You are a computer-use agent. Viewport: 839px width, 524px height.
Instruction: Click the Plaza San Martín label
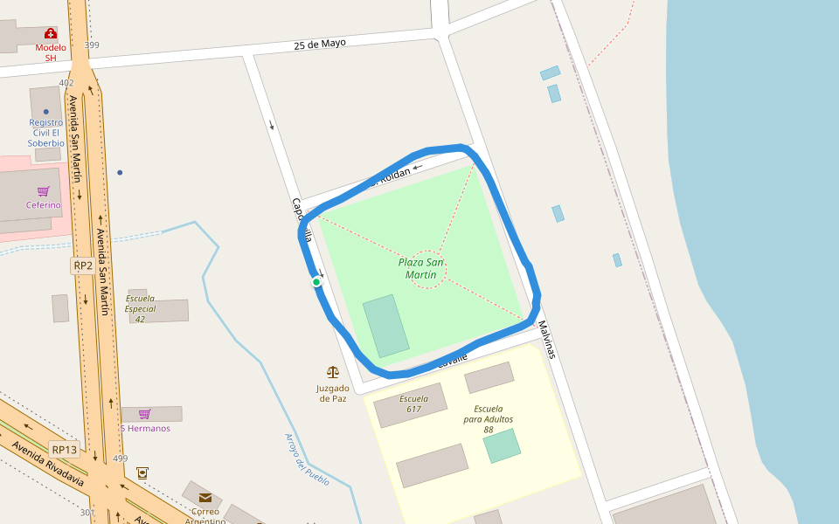[x=420, y=268]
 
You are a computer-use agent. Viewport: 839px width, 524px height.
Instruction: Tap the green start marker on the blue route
[x=316, y=281]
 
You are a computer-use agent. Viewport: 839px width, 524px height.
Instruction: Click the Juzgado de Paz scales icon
[x=332, y=372]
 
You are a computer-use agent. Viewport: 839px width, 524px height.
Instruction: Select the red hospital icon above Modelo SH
[x=51, y=33]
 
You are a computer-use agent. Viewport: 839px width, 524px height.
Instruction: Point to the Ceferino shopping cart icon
[x=43, y=191]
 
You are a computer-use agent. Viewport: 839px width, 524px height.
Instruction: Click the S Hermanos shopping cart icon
[x=145, y=414]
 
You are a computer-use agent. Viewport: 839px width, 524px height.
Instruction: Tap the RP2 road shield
[x=83, y=265]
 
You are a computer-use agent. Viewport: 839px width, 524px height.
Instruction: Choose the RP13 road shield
[x=65, y=450]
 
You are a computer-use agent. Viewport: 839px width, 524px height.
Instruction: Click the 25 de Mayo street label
[x=320, y=44]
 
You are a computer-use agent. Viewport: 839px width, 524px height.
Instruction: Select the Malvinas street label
[x=546, y=340]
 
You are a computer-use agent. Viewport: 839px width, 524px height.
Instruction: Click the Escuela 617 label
[x=413, y=403]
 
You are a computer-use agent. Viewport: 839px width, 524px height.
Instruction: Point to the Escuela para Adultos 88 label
[x=488, y=419]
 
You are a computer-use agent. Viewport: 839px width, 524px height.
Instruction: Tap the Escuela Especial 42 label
[x=140, y=308]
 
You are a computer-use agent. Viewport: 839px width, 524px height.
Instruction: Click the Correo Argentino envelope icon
[x=205, y=498]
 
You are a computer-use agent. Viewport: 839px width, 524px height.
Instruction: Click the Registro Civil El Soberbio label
[x=45, y=133]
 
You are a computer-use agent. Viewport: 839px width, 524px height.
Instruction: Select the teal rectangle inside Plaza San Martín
[x=385, y=326]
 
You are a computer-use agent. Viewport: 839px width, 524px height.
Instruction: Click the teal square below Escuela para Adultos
[x=502, y=445]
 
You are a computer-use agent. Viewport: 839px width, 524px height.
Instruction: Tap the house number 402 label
[x=66, y=83]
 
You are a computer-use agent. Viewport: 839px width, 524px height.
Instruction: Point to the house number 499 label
[x=120, y=458]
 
